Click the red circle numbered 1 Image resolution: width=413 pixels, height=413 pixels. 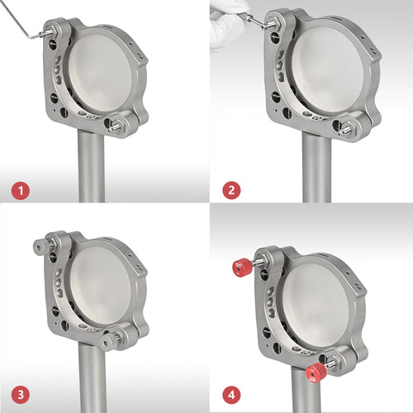click(x=21, y=191)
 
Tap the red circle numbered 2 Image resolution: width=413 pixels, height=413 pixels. click(x=231, y=190)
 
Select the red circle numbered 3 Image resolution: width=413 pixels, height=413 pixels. click(x=21, y=395)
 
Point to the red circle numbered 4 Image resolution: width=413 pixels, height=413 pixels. click(x=231, y=395)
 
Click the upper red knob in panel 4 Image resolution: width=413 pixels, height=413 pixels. click(x=243, y=267)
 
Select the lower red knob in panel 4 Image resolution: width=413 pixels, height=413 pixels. click(x=316, y=373)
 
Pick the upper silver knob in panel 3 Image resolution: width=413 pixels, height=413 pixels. click(x=40, y=246)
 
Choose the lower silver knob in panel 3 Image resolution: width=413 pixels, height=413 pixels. click(x=107, y=342)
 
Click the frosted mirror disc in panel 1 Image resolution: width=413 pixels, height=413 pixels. click(x=101, y=73)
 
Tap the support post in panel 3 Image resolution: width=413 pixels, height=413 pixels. click(x=93, y=377)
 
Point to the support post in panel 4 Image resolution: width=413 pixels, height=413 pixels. click(x=306, y=390)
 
